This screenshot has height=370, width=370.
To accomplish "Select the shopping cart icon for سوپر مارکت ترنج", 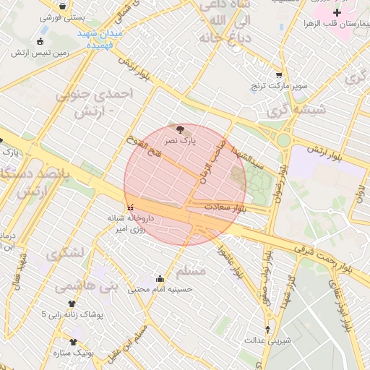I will (279, 75).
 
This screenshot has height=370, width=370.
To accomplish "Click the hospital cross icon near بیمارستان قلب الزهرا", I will (337, 13).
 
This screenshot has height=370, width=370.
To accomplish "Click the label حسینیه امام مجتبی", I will (160, 290).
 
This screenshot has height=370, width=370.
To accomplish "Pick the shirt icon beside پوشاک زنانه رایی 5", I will (72, 304).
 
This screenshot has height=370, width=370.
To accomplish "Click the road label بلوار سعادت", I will (225, 207).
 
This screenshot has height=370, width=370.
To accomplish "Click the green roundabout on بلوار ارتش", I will (284, 139).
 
